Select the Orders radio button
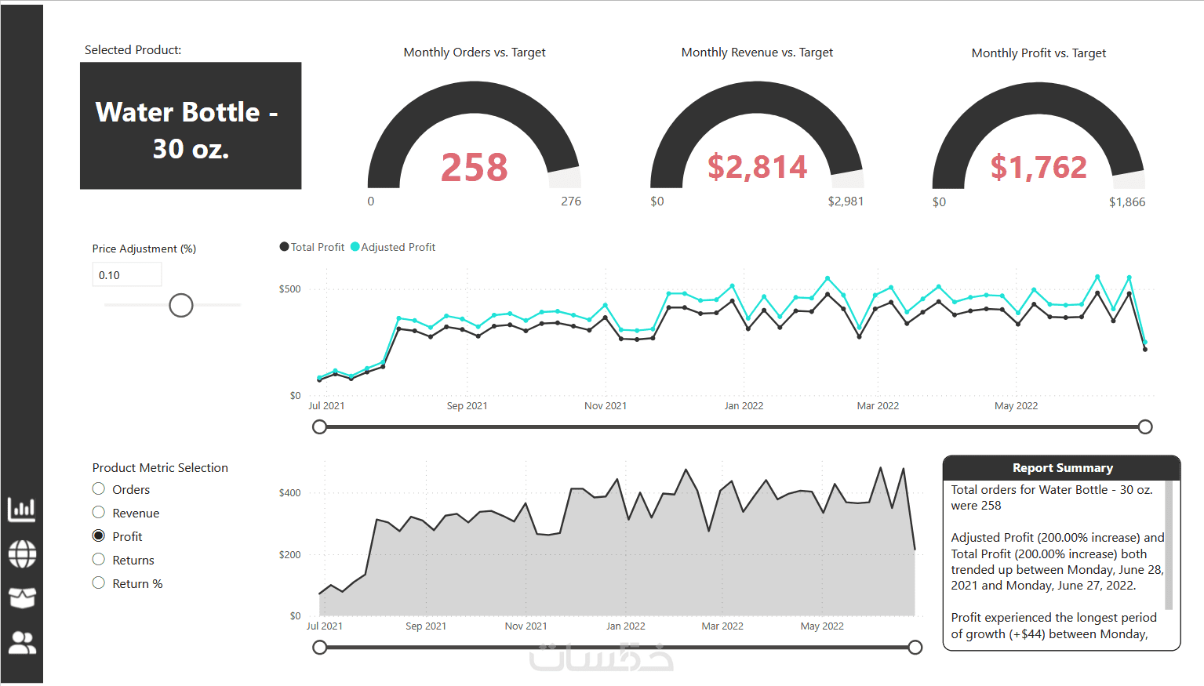click(x=99, y=489)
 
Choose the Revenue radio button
click(x=99, y=513)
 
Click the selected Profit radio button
click(x=99, y=536)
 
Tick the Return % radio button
click(x=99, y=583)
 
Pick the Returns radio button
click(x=99, y=560)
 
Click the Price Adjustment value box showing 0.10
click(x=126, y=275)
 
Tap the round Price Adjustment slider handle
click(x=181, y=305)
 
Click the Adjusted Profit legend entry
click(x=394, y=247)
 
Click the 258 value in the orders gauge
click(x=475, y=167)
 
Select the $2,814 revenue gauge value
click(x=757, y=167)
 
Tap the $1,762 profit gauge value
click(x=1038, y=167)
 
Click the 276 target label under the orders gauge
click(x=571, y=201)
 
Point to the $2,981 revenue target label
click(x=846, y=201)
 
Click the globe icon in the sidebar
click(x=22, y=554)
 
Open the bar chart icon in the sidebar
click(x=22, y=510)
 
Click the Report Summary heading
click(x=1062, y=468)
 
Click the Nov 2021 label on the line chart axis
click(x=606, y=406)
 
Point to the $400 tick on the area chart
click(x=289, y=493)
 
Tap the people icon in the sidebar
click(x=22, y=643)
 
